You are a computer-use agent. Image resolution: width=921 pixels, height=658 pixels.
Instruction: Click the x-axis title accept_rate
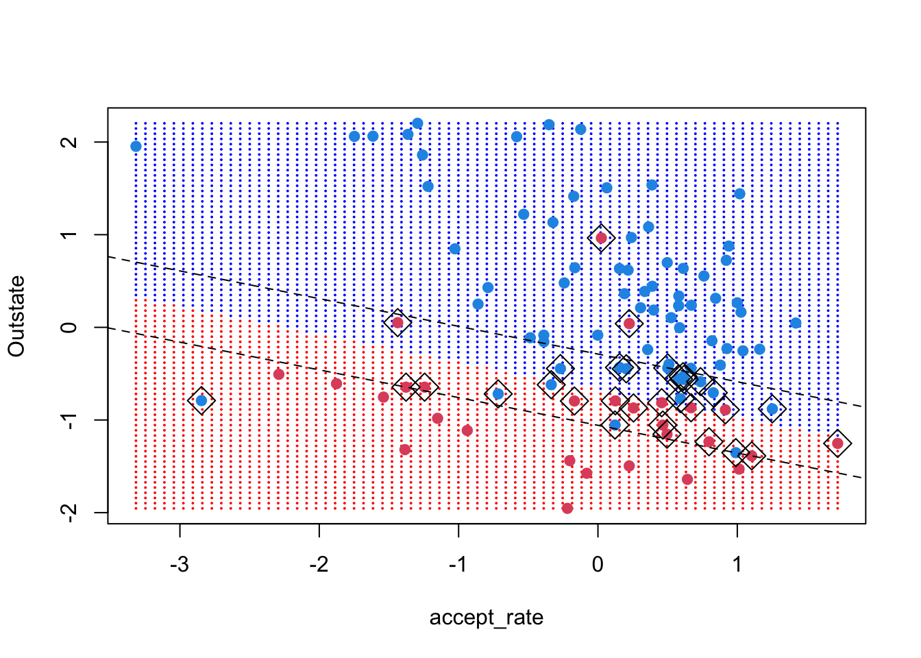pyautogui.click(x=486, y=618)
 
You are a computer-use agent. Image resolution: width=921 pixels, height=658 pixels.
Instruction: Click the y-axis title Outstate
pyautogui.click(x=16, y=316)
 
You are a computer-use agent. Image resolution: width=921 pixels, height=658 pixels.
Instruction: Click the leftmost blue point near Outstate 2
pyautogui.click(x=136, y=146)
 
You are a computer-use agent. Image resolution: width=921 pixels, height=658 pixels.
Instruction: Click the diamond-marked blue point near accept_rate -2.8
pyautogui.click(x=201, y=400)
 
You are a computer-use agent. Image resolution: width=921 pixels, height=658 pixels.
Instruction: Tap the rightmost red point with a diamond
pyautogui.click(x=837, y=443)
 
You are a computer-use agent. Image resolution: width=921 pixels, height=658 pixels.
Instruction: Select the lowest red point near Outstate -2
pyautogui.click(x=567, y=508)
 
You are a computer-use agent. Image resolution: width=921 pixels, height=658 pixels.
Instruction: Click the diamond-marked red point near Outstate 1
pyautogui.click(x=601, y=238)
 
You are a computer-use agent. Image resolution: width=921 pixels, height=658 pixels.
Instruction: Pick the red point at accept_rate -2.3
pyautogui.click(x=279, y=374)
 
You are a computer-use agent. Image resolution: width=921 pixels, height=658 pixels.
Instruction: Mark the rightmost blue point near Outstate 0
pyautogui.click(x=796, y=323)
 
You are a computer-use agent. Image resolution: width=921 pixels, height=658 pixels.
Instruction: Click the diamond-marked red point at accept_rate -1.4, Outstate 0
pyautogui.click(x=397, y=323)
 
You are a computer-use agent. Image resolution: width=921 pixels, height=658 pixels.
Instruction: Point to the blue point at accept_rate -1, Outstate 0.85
pyautogui.click(x=454, y=249)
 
